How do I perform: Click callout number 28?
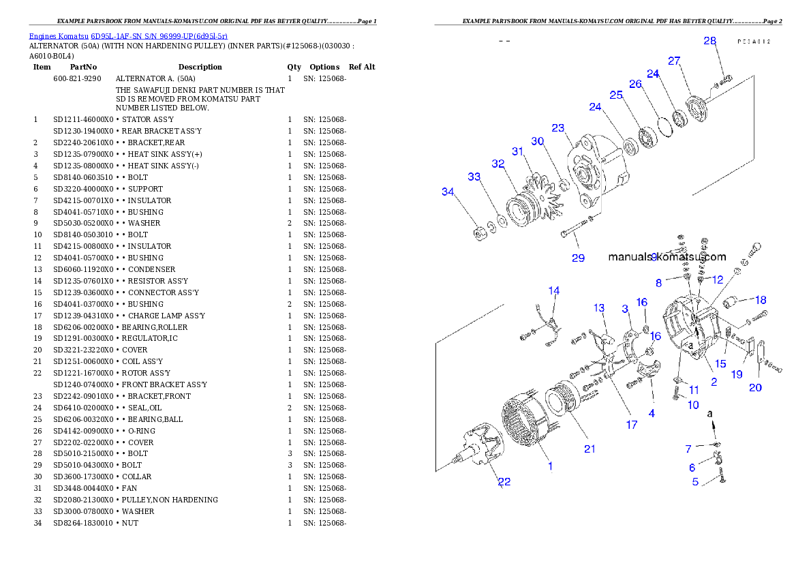pos(709,41)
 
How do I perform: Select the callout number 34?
pos(448,192)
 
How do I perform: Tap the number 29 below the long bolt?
pos(578,258)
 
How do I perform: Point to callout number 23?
pos(558,128)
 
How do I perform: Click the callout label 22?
pos(504,482)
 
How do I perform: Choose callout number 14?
pos(554,291)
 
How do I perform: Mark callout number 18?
pos(761,300)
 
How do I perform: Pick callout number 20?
pos(755,388)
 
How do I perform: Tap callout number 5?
pos(695,482)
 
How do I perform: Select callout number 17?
pos(632,425)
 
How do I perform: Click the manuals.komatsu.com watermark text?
pos(667,258)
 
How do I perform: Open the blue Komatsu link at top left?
pos(128,35)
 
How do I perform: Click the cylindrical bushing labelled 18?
pos(733,301)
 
